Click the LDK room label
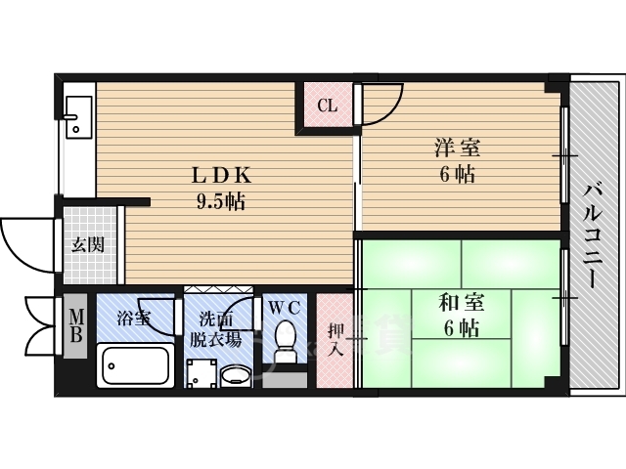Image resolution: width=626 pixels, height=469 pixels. pos(222,176)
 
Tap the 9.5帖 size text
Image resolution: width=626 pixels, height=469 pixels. pos(220,202)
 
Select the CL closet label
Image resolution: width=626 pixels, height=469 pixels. pos(328,106)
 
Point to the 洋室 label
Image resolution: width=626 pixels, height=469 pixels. pos(458,148)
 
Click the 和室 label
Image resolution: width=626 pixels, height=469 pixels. pos(461,302)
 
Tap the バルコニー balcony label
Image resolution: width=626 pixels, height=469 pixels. pos(591,234)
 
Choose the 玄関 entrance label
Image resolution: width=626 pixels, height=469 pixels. pos(88,245)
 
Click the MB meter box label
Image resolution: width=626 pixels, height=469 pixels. pos(76,326)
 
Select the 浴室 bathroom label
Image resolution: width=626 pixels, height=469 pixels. pos(133,319)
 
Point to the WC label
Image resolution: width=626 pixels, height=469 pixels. pos(285,308)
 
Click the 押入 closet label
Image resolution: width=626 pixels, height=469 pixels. pos(335,340)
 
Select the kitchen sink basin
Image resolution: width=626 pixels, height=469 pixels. pos(78,117)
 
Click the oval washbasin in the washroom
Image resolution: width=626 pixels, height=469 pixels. pos(236,376)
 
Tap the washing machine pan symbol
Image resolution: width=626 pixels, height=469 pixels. pos(202,373)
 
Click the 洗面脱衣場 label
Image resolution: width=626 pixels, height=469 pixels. pos(215,330)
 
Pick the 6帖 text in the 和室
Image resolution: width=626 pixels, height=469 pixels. pos(461,328)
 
